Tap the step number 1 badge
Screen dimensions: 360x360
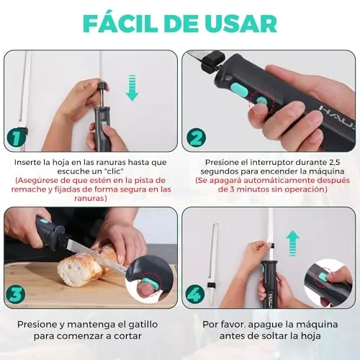(17, 138)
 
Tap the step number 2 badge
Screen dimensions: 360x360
(197, 138)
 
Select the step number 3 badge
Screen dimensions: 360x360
(16, 294)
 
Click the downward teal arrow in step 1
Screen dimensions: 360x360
(132, 88)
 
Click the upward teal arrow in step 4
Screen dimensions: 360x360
(293, 243)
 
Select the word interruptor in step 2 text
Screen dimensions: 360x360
(271, 162)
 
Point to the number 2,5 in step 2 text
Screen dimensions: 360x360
(333, 162)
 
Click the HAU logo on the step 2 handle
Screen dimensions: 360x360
(337, 114)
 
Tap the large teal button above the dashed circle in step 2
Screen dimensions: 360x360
(239, 89)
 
